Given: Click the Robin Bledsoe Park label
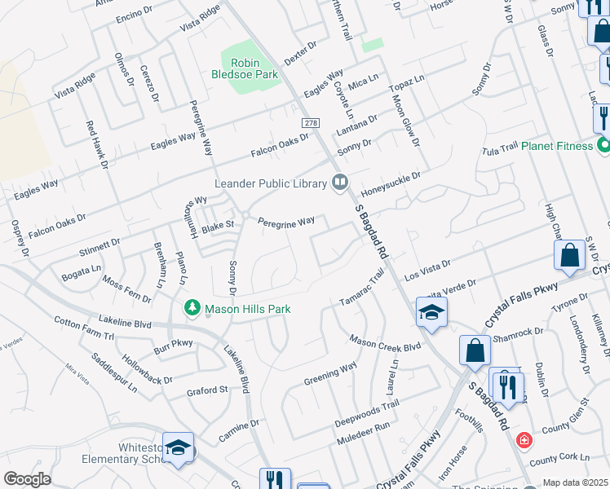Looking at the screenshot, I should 254,68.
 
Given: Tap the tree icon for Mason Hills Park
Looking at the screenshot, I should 192,309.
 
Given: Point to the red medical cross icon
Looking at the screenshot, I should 524,440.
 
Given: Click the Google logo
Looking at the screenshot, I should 26,479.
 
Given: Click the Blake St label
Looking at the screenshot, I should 218,225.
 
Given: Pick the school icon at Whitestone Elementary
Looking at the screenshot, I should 178,448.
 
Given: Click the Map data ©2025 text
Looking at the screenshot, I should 576,482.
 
